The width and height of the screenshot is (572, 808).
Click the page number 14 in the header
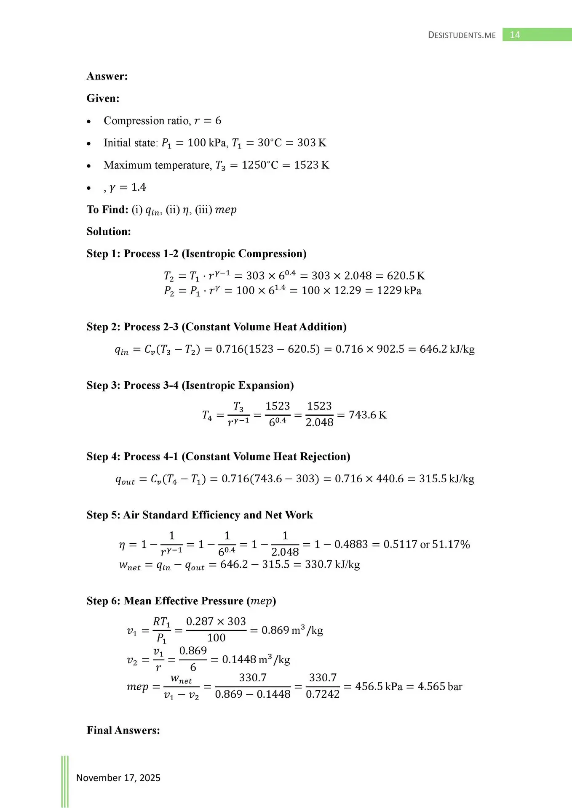pyautogui.click(x=515, y=35)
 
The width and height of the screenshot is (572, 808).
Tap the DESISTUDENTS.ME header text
pyautogui.click(x=462, y=35)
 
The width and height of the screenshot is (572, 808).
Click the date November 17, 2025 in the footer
pyautogui.click(x=118, y=778)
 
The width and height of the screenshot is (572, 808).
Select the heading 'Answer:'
pyautogui.click(x=107, y=76)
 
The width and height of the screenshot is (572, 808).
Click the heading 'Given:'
pyautogui.click(x=103, y=98)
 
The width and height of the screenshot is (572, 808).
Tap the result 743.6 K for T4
pyautogui.click(x=367, y=415)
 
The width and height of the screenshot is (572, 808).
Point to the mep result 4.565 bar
pyautogui.click(x=440, y=686)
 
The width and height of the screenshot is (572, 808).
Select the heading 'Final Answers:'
pyautogui.click(x=123, y=730)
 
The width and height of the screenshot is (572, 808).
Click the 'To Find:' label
pyautogui.click(x=107, y=210)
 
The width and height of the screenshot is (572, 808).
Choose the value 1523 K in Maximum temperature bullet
pyautogui.click(x=311, y=165)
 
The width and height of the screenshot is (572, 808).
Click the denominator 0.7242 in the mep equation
pyautogui.click(x=322, y=694)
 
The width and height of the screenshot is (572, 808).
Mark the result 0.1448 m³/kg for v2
pyautogui.click(x=256, y=659)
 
